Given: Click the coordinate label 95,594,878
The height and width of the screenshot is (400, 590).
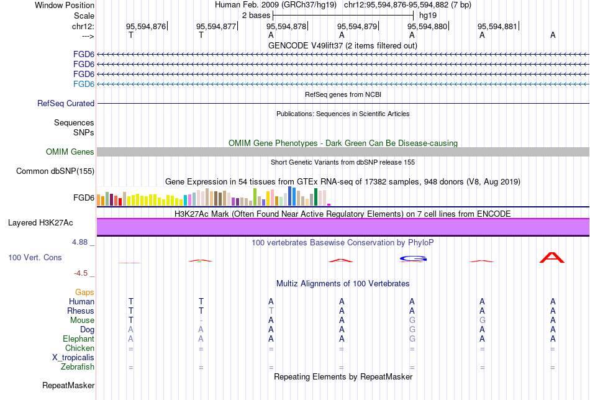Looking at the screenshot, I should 286,26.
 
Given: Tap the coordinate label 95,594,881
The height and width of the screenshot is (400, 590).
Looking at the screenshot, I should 497,26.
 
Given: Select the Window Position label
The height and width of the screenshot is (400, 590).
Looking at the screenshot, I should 65,5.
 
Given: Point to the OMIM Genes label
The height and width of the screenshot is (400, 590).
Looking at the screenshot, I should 70,152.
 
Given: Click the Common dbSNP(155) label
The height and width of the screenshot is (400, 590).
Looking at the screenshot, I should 55,171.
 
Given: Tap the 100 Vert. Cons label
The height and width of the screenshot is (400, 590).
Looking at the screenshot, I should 35,257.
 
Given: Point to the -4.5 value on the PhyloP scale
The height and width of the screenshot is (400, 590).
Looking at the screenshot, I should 83,272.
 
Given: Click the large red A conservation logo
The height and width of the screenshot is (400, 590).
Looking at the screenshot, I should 552,257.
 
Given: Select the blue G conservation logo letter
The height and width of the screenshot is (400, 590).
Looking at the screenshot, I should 412,258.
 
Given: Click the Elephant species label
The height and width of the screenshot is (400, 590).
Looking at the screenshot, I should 78,339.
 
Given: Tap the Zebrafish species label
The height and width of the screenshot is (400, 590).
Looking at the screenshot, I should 78,367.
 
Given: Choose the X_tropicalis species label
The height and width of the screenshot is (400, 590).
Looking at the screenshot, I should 73,358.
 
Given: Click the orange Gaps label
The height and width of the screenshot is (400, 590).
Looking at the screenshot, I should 84,292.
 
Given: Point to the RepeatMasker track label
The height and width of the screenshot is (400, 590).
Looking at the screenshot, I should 68,386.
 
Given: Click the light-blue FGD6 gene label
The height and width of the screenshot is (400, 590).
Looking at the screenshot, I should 83,84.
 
